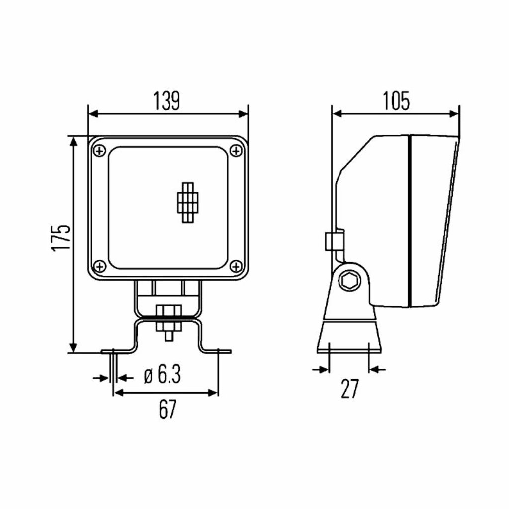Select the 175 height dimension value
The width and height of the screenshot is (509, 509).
[x=61, y=237]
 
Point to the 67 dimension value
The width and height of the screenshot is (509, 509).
[x=168, y=409]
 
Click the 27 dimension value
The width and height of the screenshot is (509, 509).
[x=350, y=389]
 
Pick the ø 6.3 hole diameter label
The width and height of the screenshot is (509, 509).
[x=163, y=374]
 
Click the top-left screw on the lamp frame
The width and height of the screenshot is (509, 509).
[x=99, y=151]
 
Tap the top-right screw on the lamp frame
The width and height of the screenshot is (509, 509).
[x=236, y=151]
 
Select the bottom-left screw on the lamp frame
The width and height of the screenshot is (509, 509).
[x=99, y=266]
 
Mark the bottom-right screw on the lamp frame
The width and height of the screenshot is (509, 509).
[x=236, y=266]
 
